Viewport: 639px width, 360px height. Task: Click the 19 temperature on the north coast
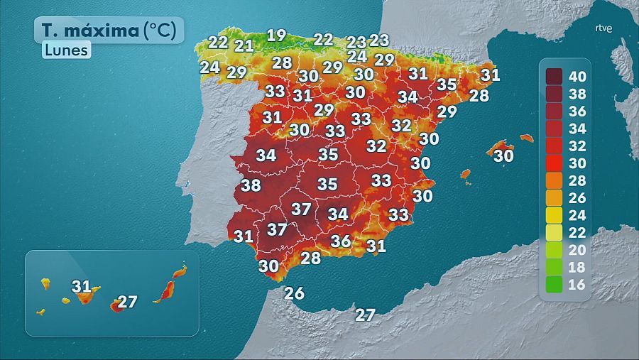[276, 36]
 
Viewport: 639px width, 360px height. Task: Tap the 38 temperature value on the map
[251, 186]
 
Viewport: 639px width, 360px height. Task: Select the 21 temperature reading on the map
[244, 46]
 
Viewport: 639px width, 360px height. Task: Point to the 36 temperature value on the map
[341, 241]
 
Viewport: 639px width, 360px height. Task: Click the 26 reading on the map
[294, 293]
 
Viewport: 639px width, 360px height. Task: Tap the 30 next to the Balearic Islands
[503, 156]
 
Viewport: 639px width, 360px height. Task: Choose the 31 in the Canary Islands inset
[82, 287]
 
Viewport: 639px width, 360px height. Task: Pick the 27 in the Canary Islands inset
[127, 302]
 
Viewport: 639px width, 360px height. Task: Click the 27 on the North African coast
[365, 315]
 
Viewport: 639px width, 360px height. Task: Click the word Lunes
[65, 50]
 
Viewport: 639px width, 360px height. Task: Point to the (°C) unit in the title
[163, 31]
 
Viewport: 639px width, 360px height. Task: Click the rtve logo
[603, 28]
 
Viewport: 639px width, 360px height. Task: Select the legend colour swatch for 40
[555, 76]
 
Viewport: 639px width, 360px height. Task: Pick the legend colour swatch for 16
[555, 285]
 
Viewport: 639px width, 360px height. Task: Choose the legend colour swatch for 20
[555, 250]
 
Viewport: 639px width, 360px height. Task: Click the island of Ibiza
[466, 174]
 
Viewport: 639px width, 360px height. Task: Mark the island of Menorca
[526, 138]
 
